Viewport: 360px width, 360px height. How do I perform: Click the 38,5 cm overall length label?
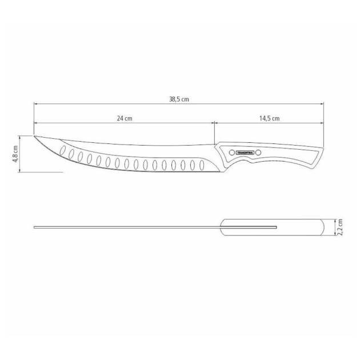(x=179, y=99)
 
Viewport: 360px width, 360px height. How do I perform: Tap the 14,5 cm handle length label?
(x=269, y=118)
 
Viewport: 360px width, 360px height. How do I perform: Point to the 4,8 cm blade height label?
(x=15, y=153)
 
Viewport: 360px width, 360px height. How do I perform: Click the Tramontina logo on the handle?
(x=245, y=153)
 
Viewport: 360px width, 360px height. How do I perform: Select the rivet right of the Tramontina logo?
(x=258, y=153)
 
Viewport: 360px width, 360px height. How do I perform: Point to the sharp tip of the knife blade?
(x=34, y=137)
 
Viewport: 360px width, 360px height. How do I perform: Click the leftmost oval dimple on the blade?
(x=63, y=153)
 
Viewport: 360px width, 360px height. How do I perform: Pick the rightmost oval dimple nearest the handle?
(x=201, y=166)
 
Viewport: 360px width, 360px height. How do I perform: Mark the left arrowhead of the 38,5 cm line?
(x=35, y=104)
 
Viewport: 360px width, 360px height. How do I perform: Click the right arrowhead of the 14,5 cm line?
(x=322, y=123)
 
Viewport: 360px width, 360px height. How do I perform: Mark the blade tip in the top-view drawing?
(x=35, y=227)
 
